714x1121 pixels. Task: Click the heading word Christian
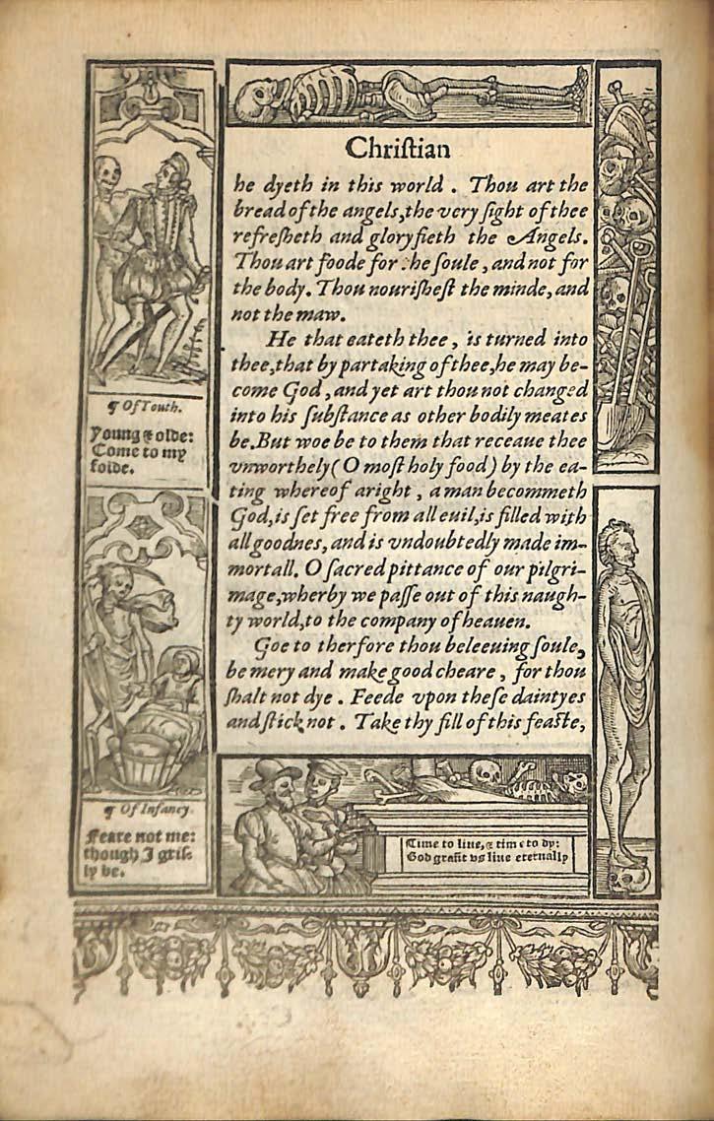(x=398, y=149)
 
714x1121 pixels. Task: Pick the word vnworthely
(x=280, y=467)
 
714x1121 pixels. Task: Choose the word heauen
(x=498, y=621)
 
